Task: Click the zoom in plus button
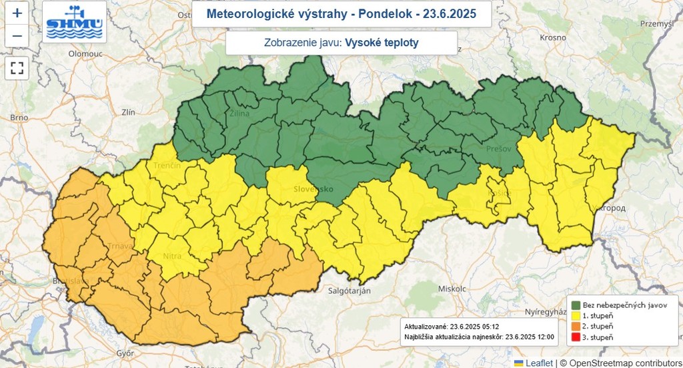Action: click(x=17, y=13)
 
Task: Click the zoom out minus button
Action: click(x=17, y=35)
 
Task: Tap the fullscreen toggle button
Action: click(x=17, y=67)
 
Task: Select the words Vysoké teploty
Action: click(x=382, y=43)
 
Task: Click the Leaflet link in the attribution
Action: click(x=538, y=363)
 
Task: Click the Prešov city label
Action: click(x=498, y=148)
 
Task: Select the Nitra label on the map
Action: click(x=171, y=255)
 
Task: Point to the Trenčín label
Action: click(x=166, y=165)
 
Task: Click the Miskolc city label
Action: click(x=451, y=289)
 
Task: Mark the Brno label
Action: click(x=19, y=118)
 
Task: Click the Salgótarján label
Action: click(x=353, y=291)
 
